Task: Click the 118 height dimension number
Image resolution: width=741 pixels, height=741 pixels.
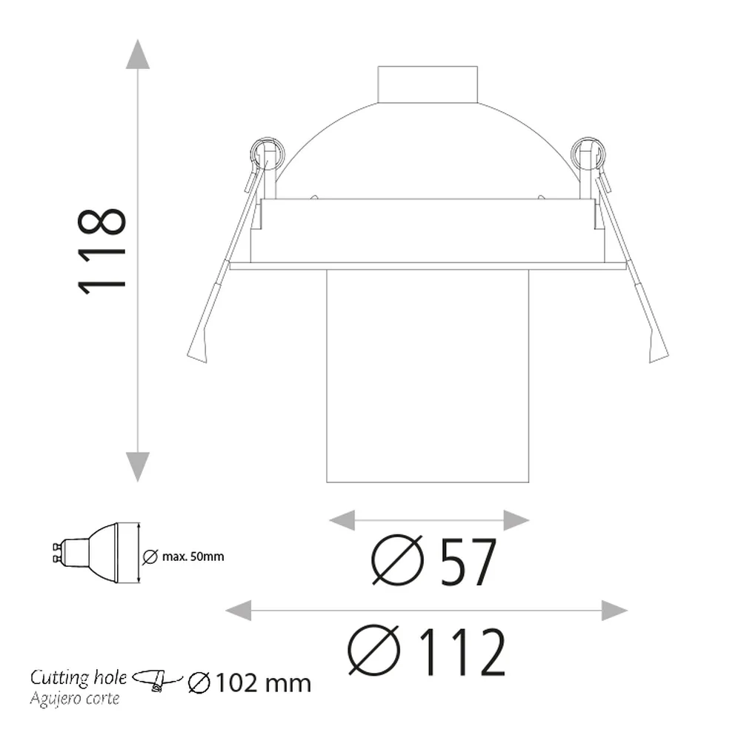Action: pos(102,252)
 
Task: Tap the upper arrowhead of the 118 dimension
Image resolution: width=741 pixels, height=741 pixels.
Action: pos(138,54)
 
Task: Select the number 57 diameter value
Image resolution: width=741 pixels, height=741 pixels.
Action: pos(468,562)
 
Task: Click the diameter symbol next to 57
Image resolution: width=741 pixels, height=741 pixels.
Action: pos(397,560)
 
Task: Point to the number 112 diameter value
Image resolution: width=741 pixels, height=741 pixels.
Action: pos(462,652)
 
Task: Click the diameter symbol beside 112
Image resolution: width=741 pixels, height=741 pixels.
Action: pos(373,651)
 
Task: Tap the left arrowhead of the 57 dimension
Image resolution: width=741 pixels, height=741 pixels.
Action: pos(342,520)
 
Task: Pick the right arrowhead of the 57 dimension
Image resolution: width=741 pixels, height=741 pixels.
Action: pos(516,520)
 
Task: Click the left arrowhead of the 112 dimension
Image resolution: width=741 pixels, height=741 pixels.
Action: pos(238,611)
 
